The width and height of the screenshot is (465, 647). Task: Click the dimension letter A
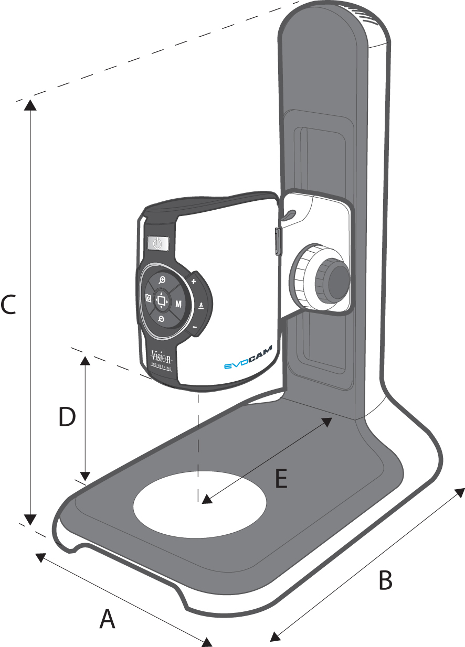108,619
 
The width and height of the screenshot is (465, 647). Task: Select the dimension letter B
385,580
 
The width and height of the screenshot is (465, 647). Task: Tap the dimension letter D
67,418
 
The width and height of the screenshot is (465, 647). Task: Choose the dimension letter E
281,479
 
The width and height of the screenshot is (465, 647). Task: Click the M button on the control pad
179,304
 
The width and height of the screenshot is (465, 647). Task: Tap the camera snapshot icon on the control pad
149,298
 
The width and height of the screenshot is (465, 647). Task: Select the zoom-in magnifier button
162,280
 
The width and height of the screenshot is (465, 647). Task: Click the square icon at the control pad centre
162,300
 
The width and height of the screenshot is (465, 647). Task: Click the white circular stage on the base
200,503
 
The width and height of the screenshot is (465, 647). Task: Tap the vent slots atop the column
368,16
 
